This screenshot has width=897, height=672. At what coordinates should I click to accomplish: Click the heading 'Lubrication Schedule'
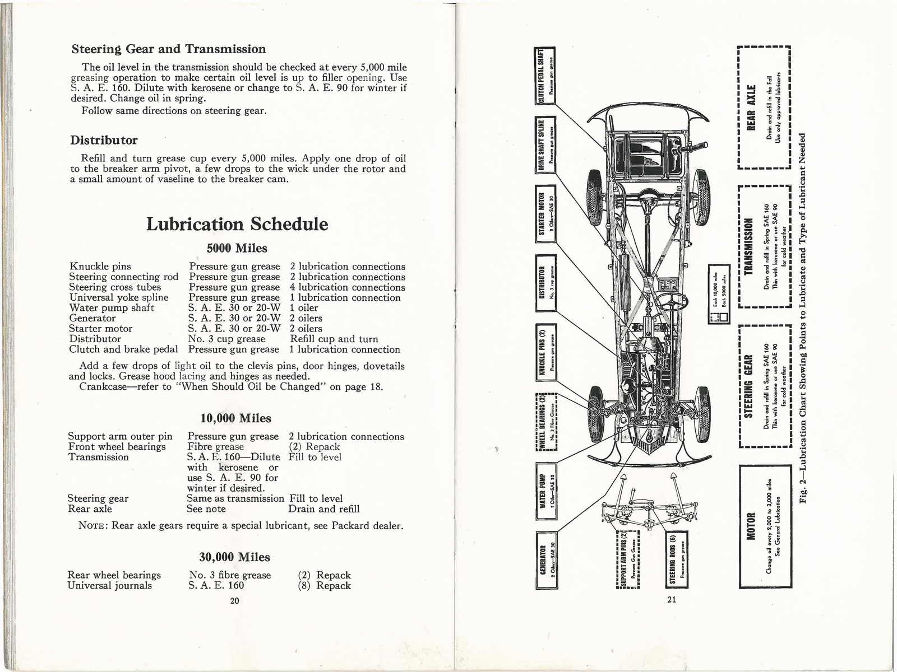(237, 224)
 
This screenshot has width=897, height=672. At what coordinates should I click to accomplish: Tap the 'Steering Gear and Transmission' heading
(169, 49)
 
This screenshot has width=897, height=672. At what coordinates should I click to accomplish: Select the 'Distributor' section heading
(104, 140)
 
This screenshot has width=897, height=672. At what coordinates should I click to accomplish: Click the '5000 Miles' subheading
(237, 248)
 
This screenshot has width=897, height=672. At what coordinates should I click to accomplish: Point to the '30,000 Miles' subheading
(235, 557)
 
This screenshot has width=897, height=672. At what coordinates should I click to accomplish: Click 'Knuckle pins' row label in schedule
(100, 267)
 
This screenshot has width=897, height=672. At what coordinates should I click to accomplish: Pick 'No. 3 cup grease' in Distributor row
(226, 339)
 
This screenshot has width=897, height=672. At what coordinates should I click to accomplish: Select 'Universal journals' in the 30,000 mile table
(109, 586)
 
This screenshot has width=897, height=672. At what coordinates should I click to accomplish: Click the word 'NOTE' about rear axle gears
(92, 526)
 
